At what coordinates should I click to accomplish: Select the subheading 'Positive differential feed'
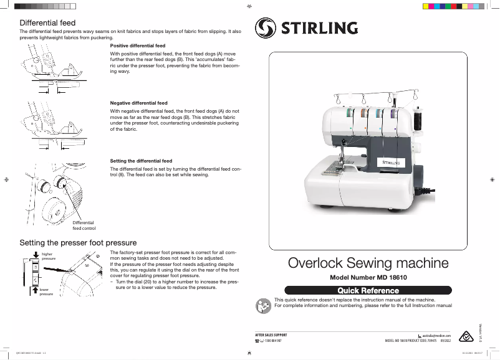tap(138, 46)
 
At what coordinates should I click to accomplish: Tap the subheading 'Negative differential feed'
tap(138, 103)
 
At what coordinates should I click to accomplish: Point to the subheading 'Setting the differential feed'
tap(141, 161)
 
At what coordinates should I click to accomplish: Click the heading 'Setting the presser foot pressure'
tap(78, 242)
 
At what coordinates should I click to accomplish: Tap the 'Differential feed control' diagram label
tap(84, 225)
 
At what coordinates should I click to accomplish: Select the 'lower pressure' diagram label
tap(47, 291)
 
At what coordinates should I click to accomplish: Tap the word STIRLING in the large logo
tap(320, 28)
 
